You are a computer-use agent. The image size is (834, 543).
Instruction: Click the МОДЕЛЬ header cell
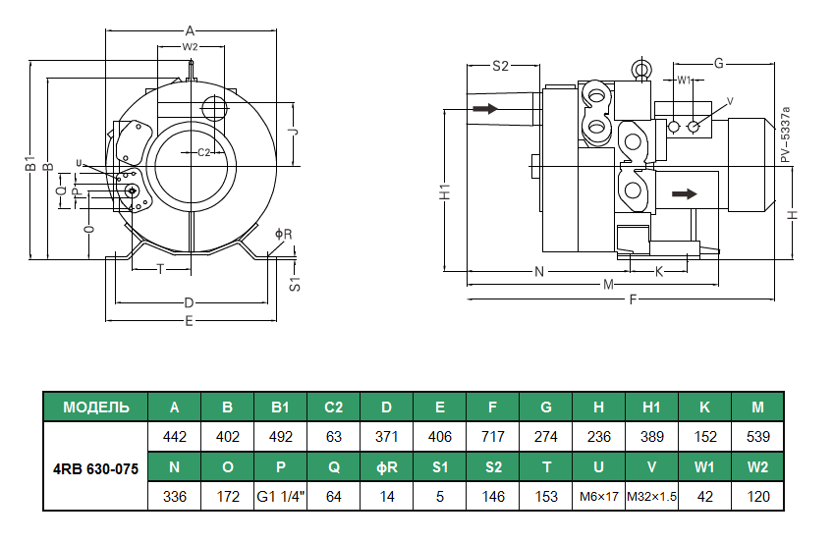95,407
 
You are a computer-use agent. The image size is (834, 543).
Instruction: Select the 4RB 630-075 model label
95,467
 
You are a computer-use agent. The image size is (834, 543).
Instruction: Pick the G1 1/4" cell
280,496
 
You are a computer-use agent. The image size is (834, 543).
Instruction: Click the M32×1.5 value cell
652,496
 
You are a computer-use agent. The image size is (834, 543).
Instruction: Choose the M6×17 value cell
599,496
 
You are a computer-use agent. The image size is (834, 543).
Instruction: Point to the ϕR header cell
387,467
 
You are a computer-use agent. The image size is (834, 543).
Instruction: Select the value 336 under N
174,496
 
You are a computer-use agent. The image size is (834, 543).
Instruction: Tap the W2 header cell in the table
757,467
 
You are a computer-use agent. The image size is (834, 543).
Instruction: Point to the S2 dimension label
500,66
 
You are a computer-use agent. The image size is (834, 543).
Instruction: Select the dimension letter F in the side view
634,299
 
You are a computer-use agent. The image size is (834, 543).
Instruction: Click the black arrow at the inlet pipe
485,108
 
